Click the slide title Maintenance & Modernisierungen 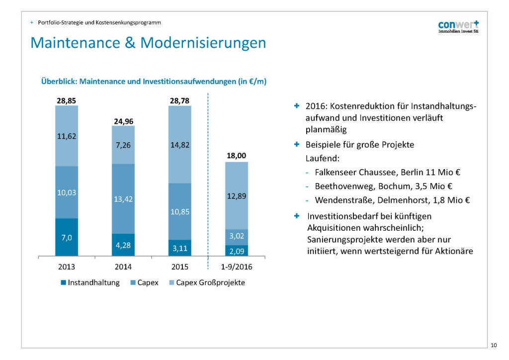(148, 43)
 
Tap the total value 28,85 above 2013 (67, 100)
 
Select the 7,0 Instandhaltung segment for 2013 (67, 238)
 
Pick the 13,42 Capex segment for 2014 (123, 199)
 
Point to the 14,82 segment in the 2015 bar (180, 145)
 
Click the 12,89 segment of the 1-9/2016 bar (237, 195)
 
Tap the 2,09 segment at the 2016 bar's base (237, 251)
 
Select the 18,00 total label (237, 156)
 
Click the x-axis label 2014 (123, 267)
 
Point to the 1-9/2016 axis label (237, 267)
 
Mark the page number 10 (494, 345)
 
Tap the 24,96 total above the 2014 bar (123, 121)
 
